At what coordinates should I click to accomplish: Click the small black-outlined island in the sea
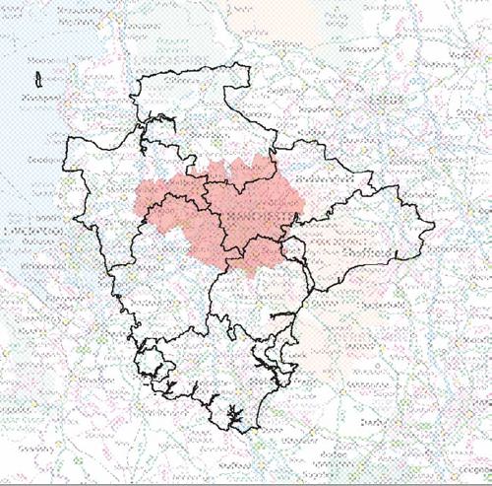point(36,77)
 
